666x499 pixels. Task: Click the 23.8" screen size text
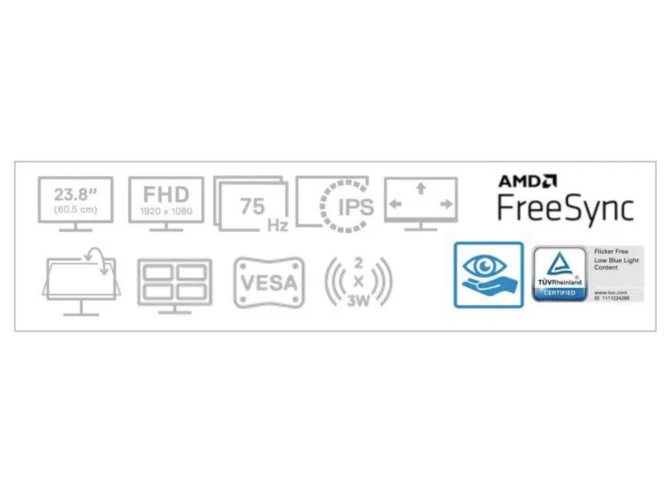(x=75, y=194)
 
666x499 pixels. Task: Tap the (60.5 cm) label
(x=75, y=209)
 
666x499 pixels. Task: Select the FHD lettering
(x=166, y=194)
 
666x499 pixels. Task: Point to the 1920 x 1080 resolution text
(x=166, y=211)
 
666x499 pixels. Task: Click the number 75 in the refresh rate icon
(x=252, y=206)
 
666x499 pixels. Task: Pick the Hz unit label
(x=277, y=225)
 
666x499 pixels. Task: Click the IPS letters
(x=356, y=207)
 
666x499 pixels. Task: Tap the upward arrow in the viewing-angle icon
(x=421, y=189)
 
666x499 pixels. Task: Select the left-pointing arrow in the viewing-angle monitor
(x=395, y=204)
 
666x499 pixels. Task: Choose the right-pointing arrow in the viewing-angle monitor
(x=446, y=204)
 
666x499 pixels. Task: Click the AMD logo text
(x=527, y=181)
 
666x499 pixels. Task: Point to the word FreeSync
(x=565, y=209)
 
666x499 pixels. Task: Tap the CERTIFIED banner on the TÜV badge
(x=559, y=294)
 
